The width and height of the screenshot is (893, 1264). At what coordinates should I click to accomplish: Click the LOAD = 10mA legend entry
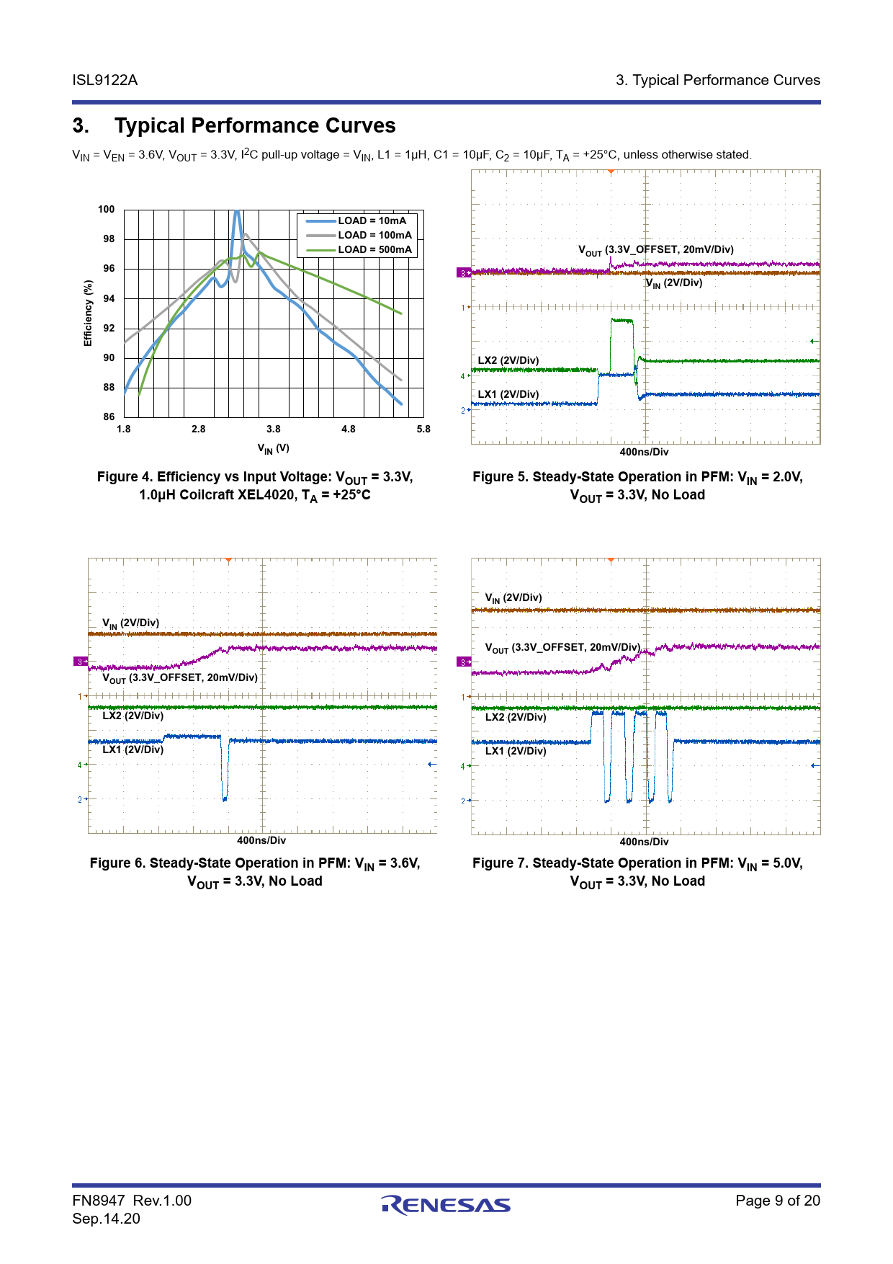372,221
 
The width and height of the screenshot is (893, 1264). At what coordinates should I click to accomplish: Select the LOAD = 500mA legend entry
374,249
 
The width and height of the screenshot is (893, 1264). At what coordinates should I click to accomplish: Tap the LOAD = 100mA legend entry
374,235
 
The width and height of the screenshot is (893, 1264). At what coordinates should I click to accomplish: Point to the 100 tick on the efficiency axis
107,209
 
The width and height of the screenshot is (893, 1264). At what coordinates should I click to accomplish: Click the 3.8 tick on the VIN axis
274,429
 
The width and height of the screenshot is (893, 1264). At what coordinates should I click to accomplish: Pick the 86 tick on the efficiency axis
109,417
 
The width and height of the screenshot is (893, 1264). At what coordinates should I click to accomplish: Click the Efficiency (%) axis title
88,313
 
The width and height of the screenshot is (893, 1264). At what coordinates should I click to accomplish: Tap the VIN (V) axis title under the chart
274,448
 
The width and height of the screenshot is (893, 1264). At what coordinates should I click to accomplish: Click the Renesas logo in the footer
446,1205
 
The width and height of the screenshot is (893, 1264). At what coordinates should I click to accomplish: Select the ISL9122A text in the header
105,80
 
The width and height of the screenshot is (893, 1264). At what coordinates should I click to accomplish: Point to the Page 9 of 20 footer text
778,1200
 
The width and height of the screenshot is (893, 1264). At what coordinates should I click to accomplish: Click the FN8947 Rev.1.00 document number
132,1201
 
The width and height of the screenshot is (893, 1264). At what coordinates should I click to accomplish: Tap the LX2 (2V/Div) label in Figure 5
508,360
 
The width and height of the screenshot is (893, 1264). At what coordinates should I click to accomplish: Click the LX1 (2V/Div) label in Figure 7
516,751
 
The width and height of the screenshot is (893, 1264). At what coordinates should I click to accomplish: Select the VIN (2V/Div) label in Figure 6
130,623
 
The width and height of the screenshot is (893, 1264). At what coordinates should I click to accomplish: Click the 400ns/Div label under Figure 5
644,452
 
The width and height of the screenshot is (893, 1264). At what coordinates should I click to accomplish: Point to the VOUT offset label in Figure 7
562,648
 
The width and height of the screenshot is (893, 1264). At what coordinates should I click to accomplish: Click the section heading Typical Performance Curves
255,125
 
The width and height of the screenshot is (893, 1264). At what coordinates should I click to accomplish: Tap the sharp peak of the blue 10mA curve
236,211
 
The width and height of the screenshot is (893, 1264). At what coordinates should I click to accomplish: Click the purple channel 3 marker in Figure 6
79,662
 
